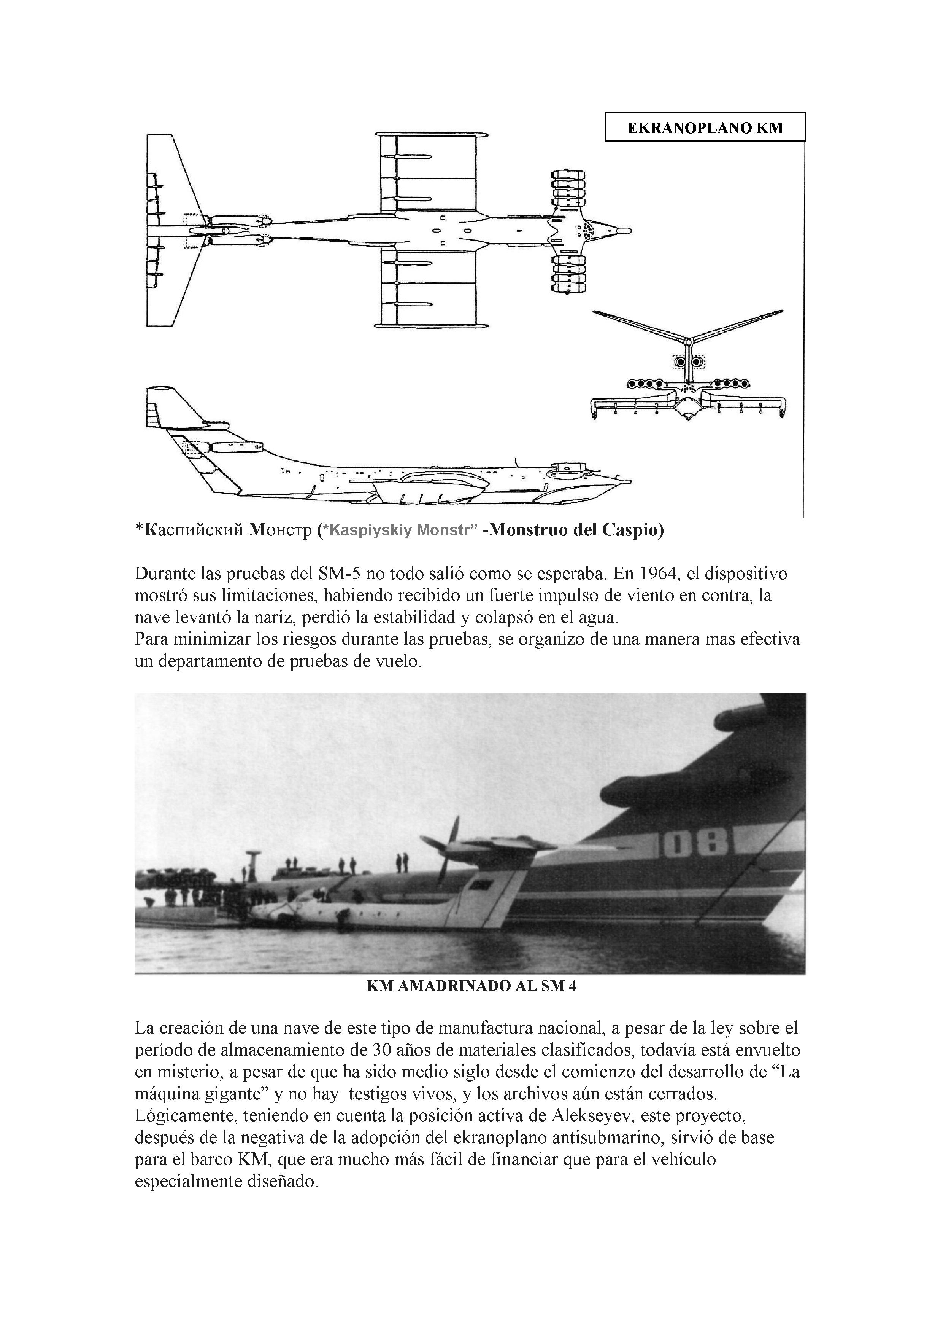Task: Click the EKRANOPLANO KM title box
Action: pos(705,127)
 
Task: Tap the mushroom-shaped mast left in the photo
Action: pos(253,858)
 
